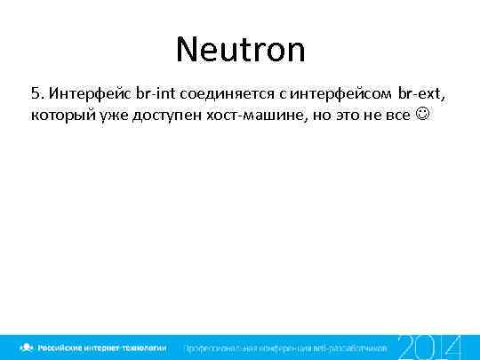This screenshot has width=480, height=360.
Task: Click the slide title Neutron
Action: click(x=240, y=49)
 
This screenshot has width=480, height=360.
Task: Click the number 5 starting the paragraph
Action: click(x=36, y=93)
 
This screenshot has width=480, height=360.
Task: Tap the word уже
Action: click(x=112, y=116)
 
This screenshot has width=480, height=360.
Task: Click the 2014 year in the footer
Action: click(x=428, y=347)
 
